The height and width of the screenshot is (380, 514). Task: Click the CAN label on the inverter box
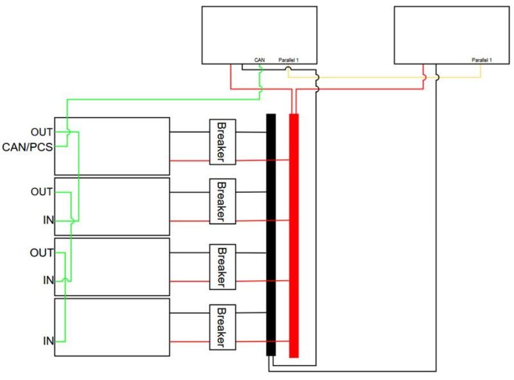point(260,60)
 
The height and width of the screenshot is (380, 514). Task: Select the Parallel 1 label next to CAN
point(289,60)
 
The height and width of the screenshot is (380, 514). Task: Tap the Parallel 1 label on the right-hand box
point(481,60)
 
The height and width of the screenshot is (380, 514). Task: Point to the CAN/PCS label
point(27,147)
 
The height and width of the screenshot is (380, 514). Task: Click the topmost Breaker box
point(222,142)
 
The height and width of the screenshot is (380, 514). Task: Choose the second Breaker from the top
point(222,201)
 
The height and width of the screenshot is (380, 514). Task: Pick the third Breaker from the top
point(222,267)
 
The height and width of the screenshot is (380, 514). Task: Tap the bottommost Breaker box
point(222,327)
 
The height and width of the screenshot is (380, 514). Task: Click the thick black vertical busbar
point(271,235)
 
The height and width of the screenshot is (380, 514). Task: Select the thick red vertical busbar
point(294,236)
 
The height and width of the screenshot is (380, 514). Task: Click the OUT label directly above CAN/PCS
point(42,132)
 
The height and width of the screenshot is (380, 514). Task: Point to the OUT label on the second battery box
point(42,192)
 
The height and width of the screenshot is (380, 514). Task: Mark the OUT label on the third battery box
point(41,253)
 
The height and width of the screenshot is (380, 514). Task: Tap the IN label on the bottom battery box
point(48,341)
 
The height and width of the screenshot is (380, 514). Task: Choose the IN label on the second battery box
point(48,220)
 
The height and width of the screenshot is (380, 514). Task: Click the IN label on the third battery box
point(48,280)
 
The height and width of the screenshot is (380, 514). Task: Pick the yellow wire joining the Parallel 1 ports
point(384,78)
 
